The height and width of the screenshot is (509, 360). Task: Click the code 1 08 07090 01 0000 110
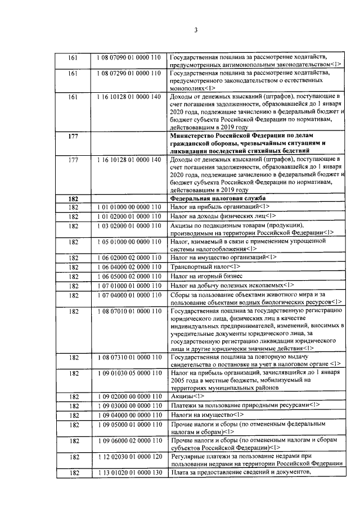pyautogui.click(x=129, y=57)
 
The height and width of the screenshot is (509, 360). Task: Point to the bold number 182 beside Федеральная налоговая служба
pyautogui.click(x=72, y=198)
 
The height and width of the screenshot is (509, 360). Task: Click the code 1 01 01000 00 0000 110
pyautogui.click(x=129, y=206)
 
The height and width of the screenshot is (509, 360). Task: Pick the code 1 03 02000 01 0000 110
pyautogui.click(x=129, y=226)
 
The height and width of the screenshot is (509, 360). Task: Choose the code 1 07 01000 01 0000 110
pyautogui.click(x=129, y=285)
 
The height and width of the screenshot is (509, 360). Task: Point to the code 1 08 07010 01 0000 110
pyautogui.click(x=129, y=310)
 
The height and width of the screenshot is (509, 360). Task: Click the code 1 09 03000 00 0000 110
pyautogui.click(x=129, y=406)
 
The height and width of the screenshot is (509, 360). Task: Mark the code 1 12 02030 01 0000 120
pyautogui.click(x=129, y=457)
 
